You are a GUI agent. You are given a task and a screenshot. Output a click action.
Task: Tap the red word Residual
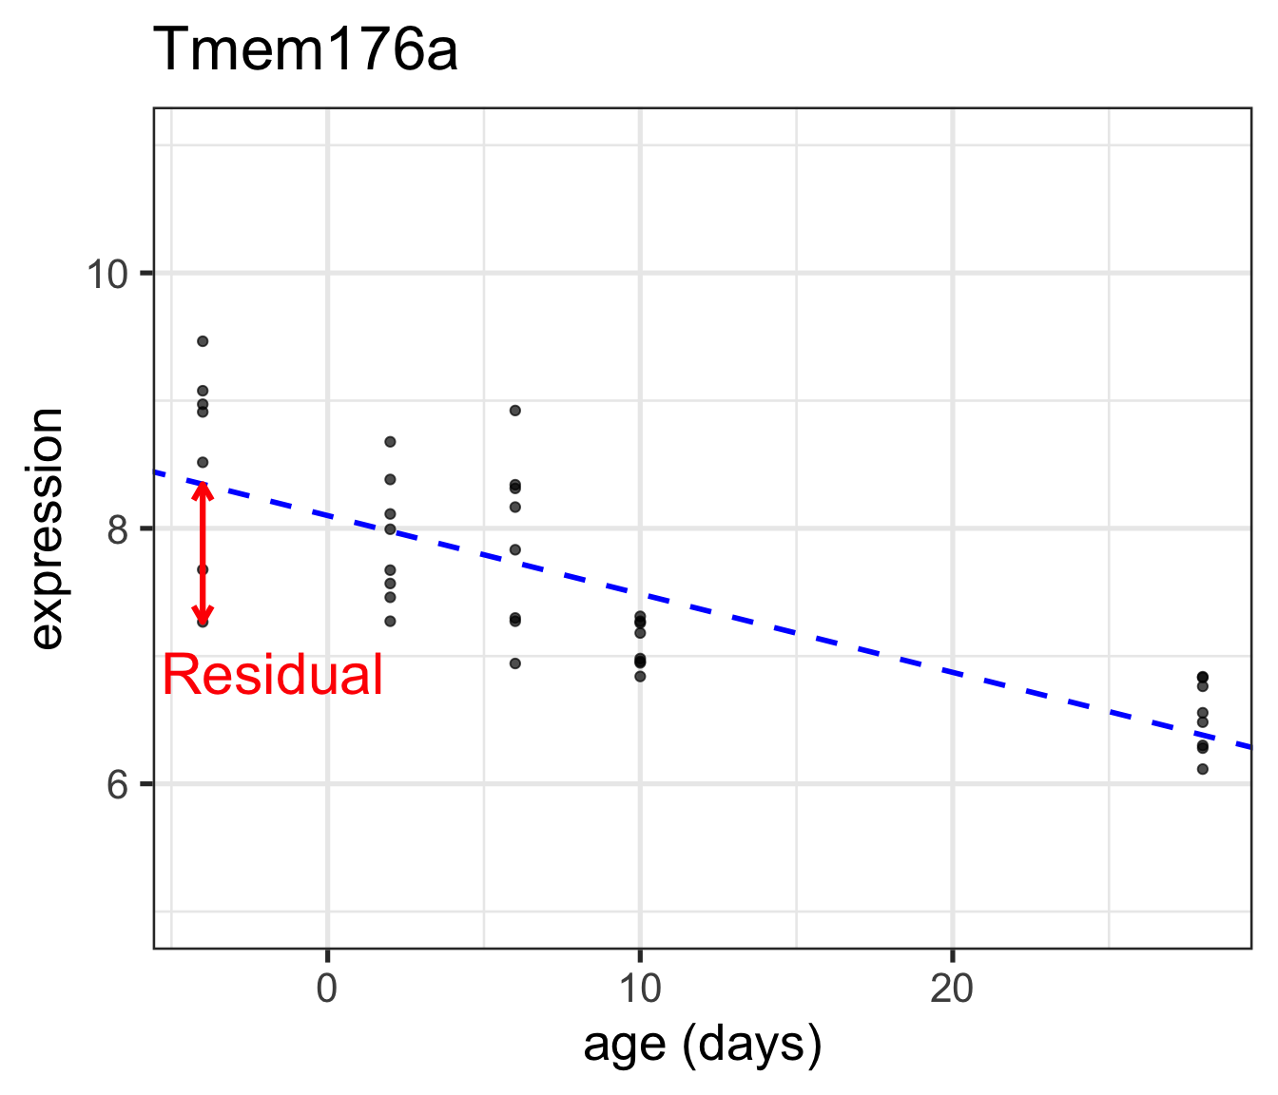(x=272, y=676)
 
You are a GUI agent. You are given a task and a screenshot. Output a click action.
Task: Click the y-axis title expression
(x=46, y=528)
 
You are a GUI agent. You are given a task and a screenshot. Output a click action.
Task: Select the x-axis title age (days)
(x=702, y=1045)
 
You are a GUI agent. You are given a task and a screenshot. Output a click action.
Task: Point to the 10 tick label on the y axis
(x=106, y=274)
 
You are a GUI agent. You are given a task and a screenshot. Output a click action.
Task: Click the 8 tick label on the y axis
(x=118, y=528)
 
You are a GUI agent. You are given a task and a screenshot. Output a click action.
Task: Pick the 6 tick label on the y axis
(x=118, y=784)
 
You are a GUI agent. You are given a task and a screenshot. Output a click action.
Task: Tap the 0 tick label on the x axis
(x=327, y=989)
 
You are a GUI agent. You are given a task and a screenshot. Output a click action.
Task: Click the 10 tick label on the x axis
(x=640, y=989)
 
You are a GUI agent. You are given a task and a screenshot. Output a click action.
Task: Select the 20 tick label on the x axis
(x=952, y=989)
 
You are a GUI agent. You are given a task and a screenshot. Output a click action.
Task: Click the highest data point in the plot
(x=203, y=341)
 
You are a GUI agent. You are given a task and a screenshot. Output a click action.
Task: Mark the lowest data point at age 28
(x=1203, y=769)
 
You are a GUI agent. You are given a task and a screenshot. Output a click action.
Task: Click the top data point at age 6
(x=515, y=411)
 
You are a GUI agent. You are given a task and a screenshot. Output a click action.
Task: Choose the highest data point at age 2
(x=390, y=442)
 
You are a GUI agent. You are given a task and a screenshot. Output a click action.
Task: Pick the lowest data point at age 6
(x=515, y=663)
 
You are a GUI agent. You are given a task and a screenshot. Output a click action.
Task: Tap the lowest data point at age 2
(x=390, y=621)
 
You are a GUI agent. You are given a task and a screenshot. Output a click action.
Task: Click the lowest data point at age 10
(x=640, y=677)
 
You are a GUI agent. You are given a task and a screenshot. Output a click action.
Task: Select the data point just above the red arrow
(x=203, y=463)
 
